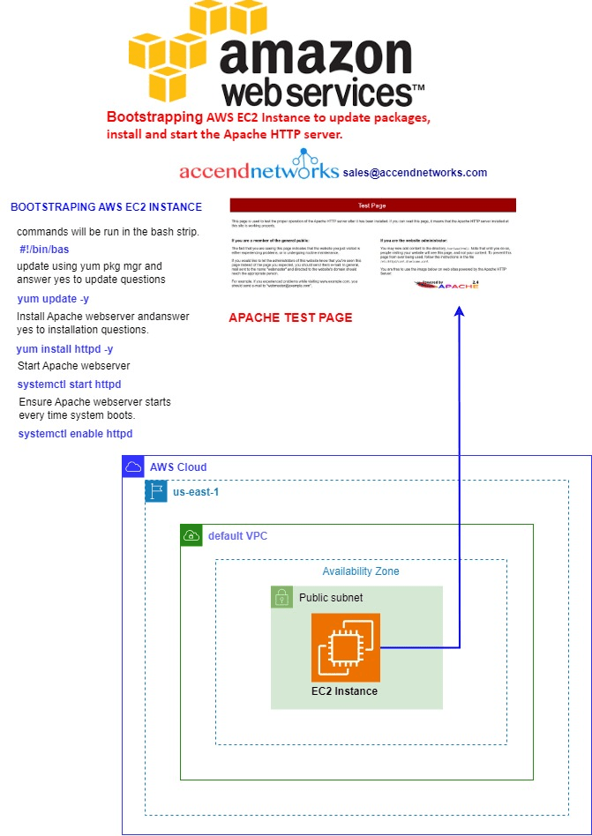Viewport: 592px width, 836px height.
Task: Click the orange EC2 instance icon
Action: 346,647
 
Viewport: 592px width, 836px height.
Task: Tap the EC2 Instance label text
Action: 345,691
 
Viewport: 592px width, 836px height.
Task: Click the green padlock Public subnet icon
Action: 281,597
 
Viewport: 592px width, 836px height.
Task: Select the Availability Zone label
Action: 360,571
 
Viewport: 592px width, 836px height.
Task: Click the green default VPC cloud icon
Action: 191,535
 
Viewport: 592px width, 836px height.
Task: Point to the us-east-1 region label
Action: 196,491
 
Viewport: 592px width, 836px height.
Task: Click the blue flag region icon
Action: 156,491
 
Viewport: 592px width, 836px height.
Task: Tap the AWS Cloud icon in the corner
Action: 132,467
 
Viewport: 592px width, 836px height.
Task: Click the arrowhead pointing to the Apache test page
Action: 459,312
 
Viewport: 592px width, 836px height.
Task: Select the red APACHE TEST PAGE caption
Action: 290,317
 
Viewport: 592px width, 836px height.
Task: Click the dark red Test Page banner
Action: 372,205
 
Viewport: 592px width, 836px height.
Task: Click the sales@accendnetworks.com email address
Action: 415,173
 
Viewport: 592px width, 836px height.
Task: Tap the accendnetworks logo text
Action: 259,171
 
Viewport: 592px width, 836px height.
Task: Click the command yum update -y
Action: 53,299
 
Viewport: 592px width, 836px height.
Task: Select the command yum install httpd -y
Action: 64,349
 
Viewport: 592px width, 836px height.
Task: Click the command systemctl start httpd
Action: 69,384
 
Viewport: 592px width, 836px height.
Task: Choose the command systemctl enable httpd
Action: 75,434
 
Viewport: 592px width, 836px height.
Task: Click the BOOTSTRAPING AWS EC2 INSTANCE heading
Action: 106,207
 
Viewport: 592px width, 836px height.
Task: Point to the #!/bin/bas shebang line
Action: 44,250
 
